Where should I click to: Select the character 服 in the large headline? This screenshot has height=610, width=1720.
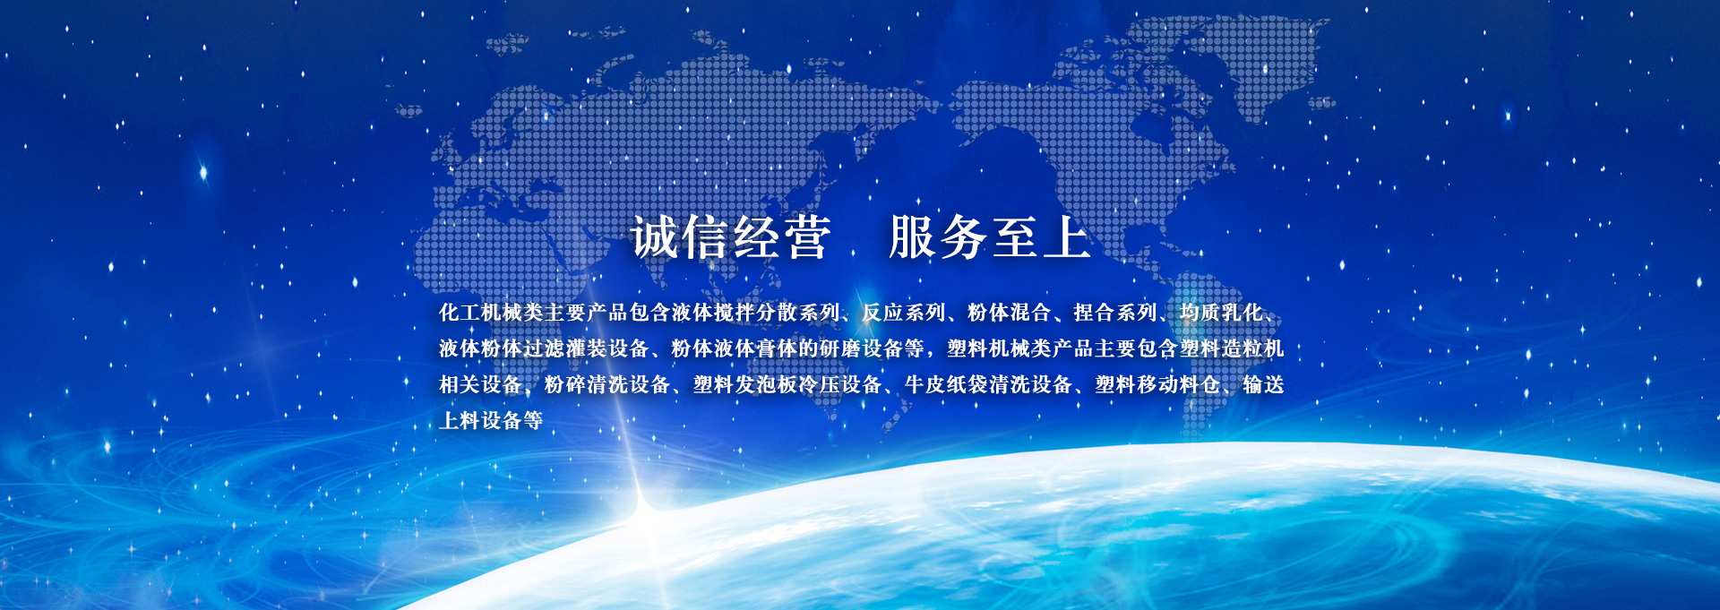(x=914, y=238)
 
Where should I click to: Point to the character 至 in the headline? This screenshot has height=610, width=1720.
(x=1015, y=238)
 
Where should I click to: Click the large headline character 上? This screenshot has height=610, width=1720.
(x=1066, y=238)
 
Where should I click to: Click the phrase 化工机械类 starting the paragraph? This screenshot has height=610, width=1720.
(x=491, y=313)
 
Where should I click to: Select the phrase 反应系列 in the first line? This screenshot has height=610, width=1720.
(x=903, y=313)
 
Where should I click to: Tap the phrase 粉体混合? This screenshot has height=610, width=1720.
(x=1009, y=313)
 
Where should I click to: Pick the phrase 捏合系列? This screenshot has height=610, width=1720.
(x=1114, y=313)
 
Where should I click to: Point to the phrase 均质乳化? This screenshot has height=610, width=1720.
(x=1221, y=313)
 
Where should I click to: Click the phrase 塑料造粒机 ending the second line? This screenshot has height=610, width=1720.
(x=1232, y=348)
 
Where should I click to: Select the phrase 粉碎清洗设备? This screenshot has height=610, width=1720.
(x=607, y=384)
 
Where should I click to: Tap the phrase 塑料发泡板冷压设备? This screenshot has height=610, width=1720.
(x=787, y=384)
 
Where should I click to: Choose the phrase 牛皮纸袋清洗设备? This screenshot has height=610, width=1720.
(x=989, y=384)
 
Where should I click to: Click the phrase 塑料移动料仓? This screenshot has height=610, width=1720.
(x=1157, y=384)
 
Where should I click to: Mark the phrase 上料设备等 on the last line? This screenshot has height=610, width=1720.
(x=491, y=420)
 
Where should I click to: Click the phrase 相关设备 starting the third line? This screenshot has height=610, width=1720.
(x=480, y=384)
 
